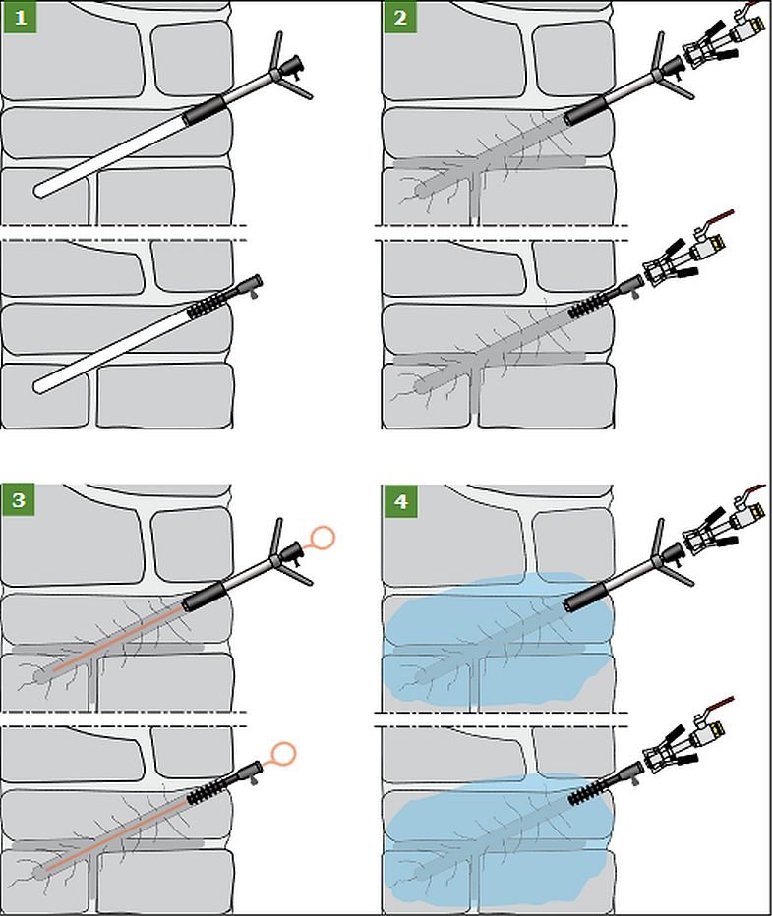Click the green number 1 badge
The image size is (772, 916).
click(20, 17)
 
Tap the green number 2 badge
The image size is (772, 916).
click(399, 17)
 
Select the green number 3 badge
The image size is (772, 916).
click(18, 500)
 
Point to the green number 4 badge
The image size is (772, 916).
click(400, 501)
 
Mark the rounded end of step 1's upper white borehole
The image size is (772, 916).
click(39, 191)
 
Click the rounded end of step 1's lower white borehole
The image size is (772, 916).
click(39, 386)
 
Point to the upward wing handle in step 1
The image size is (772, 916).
click(276, 51)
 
